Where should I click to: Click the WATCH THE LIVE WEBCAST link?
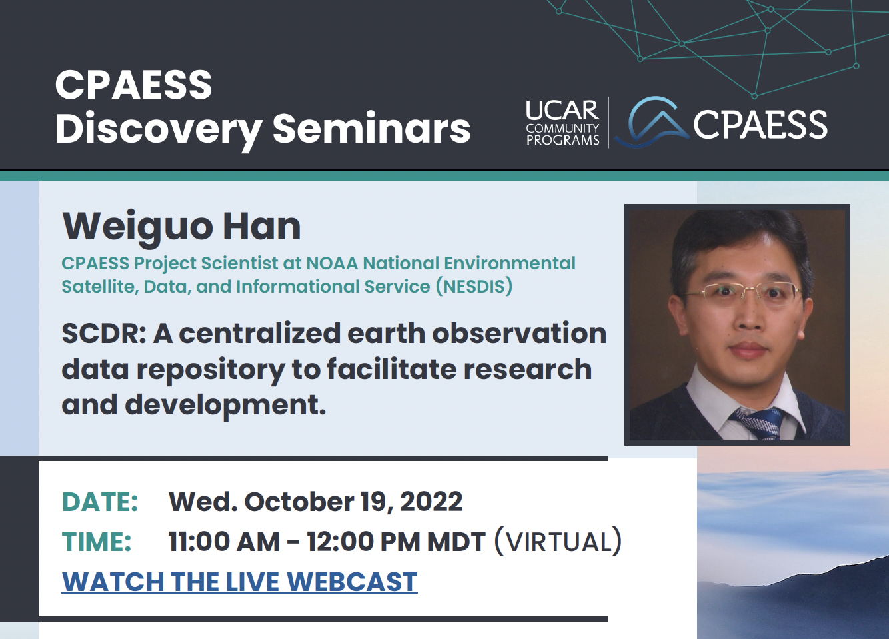(239, 582)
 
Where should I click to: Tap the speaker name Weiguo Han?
(181, 227)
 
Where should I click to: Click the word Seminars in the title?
(371, 128)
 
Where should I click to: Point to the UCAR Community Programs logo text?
(562, 123)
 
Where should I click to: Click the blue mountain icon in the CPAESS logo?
(652, 122)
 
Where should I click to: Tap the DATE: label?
(99, 502)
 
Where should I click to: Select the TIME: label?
(97, 542)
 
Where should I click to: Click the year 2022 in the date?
(431, 502)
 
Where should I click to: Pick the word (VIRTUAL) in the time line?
(558, 542)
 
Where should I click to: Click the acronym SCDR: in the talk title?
(104, 334)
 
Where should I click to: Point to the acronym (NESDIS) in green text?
(474, 287)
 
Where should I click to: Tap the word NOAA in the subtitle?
(332, 263)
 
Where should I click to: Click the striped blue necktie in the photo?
(757, 424)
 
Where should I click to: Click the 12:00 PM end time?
(363, 542)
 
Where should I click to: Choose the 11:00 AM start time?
(224, 542)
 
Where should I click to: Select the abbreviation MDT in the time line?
(456, 542)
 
